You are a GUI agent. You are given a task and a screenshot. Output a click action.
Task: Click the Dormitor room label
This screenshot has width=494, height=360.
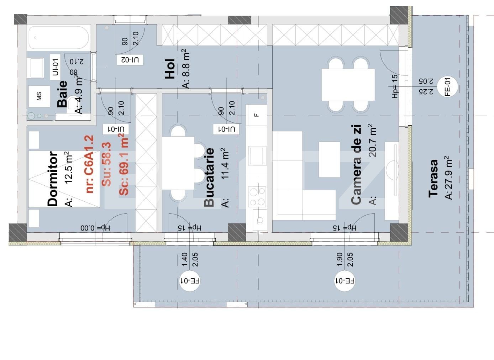pyautogui.click(x=53, y=179)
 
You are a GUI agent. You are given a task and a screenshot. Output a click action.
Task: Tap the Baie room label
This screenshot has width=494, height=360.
pyautogui.click(x=62, y=94)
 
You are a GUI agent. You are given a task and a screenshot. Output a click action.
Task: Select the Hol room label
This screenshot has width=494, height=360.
pyautogui.click(x=170, y=69)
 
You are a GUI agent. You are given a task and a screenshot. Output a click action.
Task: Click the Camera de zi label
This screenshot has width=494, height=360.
pyautogui.click(x=356, y=164)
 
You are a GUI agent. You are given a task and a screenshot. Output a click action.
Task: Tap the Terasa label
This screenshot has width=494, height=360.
pyautogui.click(x=433, y=178)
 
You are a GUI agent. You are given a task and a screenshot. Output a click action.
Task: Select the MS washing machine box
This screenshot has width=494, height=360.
pyautogui.click(x=39, y=96)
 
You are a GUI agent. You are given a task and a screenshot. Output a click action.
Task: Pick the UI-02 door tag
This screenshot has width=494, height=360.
pyautogui.click(x=130, y=60)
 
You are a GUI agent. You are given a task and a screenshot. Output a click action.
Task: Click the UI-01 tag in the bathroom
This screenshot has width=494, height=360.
pyautogui.click(x=55, y=67)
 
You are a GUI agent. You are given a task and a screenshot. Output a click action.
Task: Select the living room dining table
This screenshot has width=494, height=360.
pyautogui.click(x=348, y=85)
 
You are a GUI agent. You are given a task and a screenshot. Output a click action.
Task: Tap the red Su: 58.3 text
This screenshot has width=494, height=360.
pyautogui.click(x=106, y=164)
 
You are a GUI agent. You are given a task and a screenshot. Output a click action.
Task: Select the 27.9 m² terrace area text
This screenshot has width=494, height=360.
pyautogui.click(x=448, y=178)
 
